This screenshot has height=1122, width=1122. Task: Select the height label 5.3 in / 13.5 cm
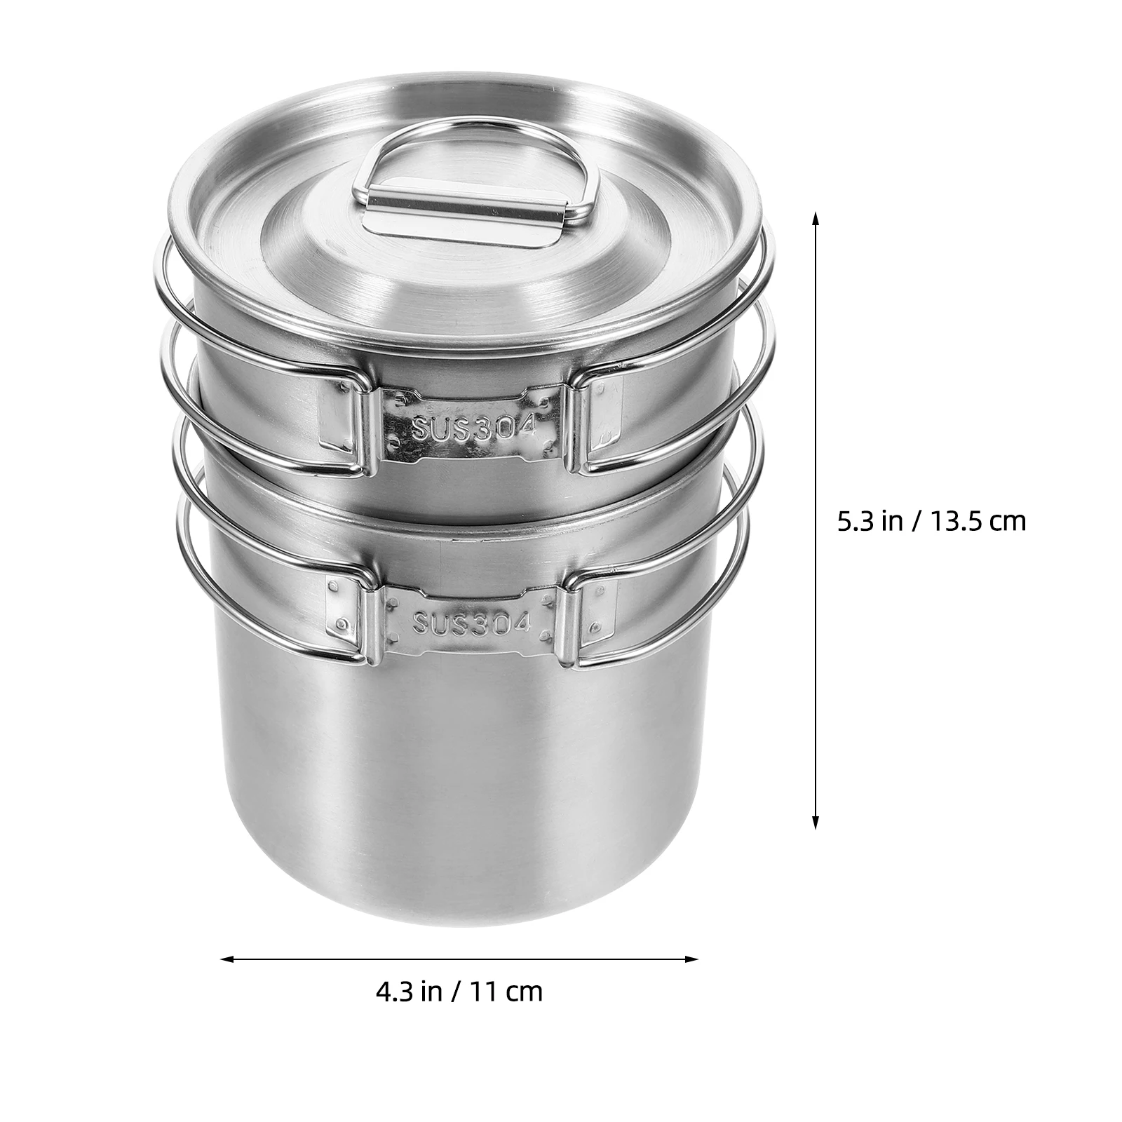point(931,521)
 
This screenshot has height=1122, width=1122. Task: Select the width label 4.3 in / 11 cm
point(459,991)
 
